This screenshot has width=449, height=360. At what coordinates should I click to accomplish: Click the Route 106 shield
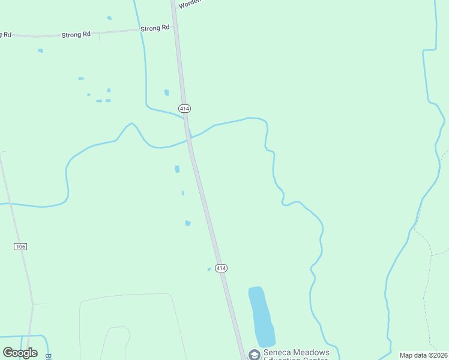click(20, 247)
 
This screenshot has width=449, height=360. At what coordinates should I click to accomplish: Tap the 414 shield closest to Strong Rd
click(184, 108)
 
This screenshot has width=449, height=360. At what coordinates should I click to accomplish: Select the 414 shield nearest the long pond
click(221, 268)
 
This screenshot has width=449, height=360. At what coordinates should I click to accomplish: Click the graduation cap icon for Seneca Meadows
click(254, 355)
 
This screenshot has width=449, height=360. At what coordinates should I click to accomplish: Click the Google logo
click(20, 353)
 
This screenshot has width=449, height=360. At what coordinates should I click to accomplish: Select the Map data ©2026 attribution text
click(423, 355)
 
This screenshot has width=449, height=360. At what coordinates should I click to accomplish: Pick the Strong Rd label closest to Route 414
click(155, 28)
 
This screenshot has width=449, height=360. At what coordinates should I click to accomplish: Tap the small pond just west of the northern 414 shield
click(166, 92)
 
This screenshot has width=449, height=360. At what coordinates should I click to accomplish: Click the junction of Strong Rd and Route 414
click(175, 28)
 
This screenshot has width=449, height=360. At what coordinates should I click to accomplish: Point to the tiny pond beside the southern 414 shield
click(209, 269)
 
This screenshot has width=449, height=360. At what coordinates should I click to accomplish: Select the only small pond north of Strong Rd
click(109, 18)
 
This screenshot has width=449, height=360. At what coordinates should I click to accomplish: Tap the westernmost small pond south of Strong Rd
click(40, 50)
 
